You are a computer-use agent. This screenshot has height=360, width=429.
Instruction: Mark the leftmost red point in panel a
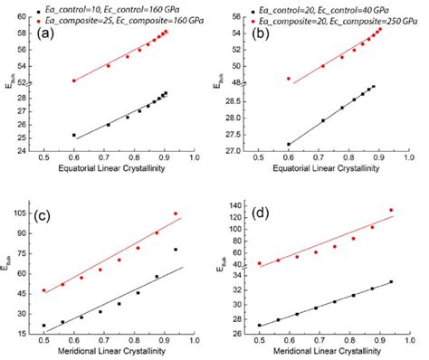click(x=74, y=81)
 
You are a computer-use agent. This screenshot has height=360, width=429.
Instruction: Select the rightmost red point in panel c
click(x=176, y=214)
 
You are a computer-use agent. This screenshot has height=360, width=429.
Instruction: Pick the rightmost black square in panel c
click(x=176, y=250)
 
